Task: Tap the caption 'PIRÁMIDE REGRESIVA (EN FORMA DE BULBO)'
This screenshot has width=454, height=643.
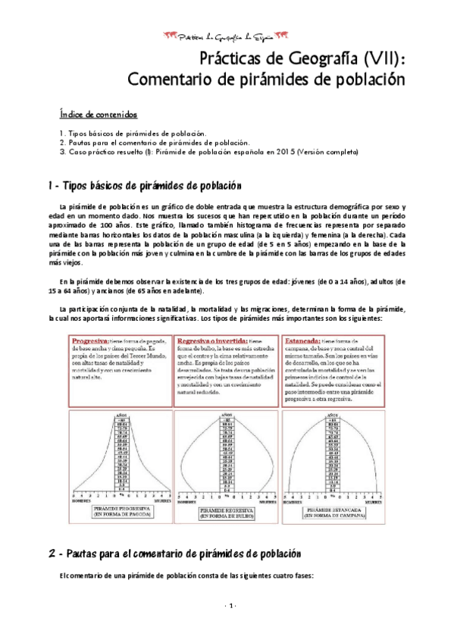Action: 227,514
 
